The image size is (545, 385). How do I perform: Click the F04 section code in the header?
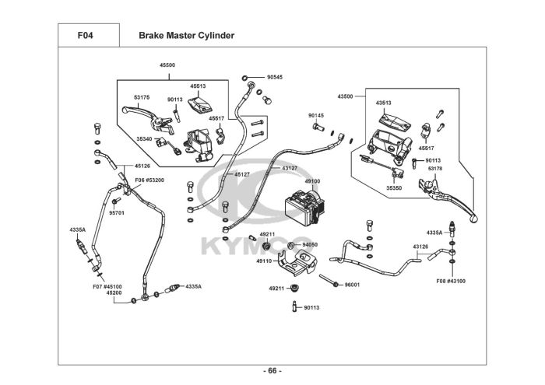(x=86, y=36)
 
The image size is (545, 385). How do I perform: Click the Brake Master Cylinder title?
(x=186, y=36)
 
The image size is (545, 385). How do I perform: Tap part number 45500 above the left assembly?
(x=167, y=65)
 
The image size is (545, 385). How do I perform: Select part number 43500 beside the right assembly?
(x=345, y=96)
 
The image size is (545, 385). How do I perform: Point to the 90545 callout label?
(x=274, y=78)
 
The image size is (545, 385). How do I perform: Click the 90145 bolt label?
(x=315, y=115)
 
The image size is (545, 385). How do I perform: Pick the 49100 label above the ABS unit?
(x=312, y=181)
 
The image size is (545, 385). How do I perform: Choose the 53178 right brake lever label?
(x=434, y=168)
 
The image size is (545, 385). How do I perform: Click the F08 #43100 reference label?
(x=451, y=280)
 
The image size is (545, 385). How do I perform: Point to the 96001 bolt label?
(x=353, y=285)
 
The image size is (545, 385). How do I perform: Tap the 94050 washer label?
(x=310, y=244)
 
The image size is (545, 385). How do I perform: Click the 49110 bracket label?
(x=264, y=261)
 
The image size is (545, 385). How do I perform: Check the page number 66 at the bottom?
(x=272, y=370)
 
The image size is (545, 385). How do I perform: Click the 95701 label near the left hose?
(x=117, y=212)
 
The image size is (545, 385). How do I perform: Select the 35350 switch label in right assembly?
(x=394, y=187)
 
